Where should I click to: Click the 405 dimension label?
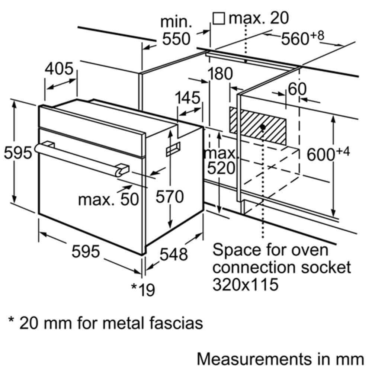click(59, 69)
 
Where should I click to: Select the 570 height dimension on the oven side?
click(170, 196)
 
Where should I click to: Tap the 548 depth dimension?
click(174, 254)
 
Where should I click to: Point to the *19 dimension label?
click(143, 289)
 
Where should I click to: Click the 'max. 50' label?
click(108, 199)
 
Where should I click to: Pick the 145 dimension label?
click(187, 97)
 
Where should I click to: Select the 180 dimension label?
click(220, 74)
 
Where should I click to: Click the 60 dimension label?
click(297, 89)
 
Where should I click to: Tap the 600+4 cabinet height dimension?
click(328, 154)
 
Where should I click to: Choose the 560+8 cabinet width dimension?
click(302, 38)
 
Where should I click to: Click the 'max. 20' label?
click(259, 18)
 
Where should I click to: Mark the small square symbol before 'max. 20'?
click(218, 19)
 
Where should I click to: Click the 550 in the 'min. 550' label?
click(176, 39)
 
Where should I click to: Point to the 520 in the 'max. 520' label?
click(221, 168)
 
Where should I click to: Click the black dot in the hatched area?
click(263, 127)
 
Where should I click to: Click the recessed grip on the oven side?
click(173, 149)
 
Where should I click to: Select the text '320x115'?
click(246, 284)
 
